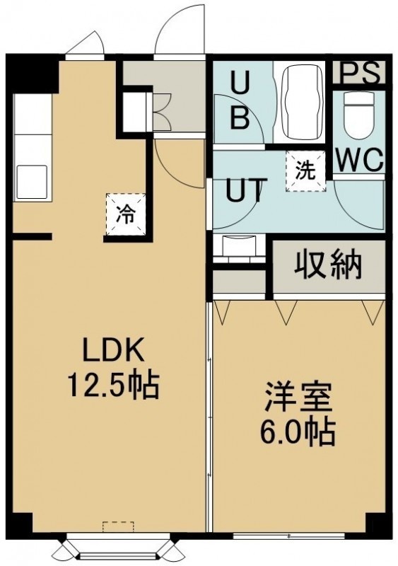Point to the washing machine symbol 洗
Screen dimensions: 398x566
coord(306,171)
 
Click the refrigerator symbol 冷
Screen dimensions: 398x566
coord(126,214)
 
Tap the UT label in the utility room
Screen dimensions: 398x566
coord(244,190)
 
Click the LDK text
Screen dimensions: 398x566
coord(113,350)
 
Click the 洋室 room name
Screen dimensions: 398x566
coord(298,398)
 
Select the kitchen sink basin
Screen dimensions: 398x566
coord(32,182)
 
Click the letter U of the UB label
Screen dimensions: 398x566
coord(240,83)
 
